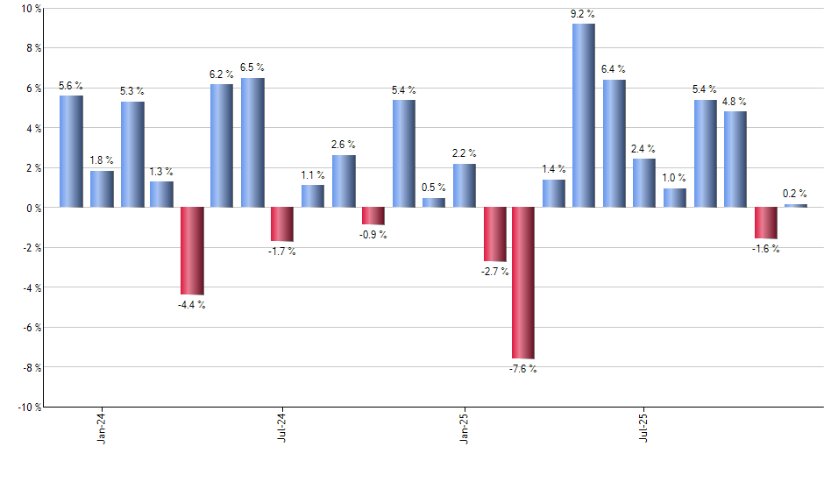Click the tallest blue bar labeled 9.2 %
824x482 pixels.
tap(584, 116)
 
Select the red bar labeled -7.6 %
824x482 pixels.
tap(523, 283)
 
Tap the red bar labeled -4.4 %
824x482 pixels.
tap(191, 251)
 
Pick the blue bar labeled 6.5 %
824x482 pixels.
tap(252, 143)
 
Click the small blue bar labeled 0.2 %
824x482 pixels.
tap(795, 206)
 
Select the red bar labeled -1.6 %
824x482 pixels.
tap(765, 223)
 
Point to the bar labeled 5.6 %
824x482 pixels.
tap(71, 152)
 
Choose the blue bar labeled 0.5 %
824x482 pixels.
tap(433, 202)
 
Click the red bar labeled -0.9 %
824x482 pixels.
tap(373, 216)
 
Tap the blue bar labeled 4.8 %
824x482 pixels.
tap(735, 159)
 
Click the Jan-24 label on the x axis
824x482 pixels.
tap(102, 425)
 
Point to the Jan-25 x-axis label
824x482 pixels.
tap(464, 425)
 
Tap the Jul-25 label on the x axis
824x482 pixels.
tap(644, 425)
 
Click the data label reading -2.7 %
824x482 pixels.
tap(494, 272)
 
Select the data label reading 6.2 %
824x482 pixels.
tap(222, 74)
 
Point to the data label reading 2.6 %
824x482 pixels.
tap(343, 145)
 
